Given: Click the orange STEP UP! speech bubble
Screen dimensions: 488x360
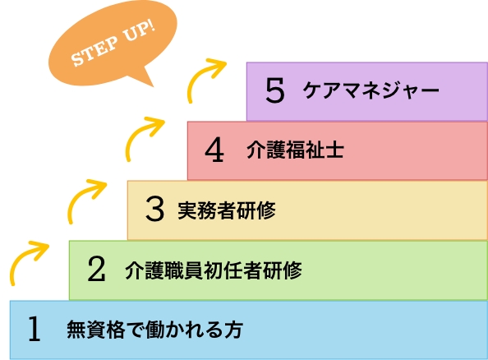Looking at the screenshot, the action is [x=113, y=44].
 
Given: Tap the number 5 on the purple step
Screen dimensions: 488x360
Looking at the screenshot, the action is [x=275, y=90].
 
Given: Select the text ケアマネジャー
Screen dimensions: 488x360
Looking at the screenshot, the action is [x=371, y=90].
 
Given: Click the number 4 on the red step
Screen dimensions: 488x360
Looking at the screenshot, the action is [x=214, y=150].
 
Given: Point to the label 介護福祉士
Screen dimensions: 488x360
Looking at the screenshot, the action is [x=296, y=150].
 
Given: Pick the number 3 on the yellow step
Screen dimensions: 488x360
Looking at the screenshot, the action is [x=154, y=209].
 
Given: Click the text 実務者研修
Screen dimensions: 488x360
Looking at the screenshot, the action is [x=227, y=210].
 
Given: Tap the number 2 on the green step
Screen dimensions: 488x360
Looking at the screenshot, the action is [x=96, y=269].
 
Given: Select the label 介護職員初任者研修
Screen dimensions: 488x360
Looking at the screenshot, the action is [x=214, y=270].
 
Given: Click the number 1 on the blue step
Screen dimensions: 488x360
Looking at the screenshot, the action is [x=35, y=329].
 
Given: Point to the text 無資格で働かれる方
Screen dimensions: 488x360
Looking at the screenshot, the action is [x=155, y=329].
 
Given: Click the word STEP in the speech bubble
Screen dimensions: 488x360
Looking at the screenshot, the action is [x=94, y=52].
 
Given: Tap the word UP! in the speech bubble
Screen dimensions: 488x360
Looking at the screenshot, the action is [x=139, y=32].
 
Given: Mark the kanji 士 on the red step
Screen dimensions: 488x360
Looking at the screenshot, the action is [x=334, y=150].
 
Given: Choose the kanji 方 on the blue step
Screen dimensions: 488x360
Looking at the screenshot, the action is [x=233, y=330].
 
